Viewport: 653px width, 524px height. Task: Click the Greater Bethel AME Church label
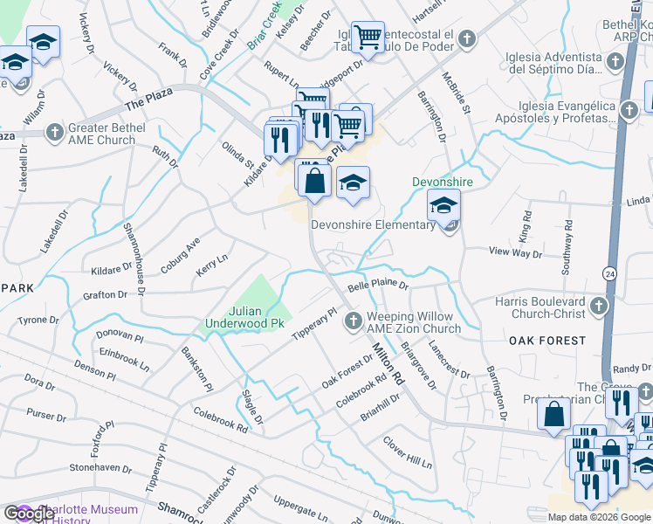[103, 134]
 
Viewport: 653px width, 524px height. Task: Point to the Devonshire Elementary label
[374, 224]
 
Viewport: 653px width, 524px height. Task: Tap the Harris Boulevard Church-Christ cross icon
[598, 306]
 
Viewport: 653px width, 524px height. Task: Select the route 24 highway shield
[609, 272]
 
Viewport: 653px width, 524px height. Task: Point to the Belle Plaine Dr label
[378, 286]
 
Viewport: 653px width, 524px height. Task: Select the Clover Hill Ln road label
[408, 452]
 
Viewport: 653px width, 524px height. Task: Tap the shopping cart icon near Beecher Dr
[368, 37]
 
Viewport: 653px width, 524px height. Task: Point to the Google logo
[28, 514]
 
